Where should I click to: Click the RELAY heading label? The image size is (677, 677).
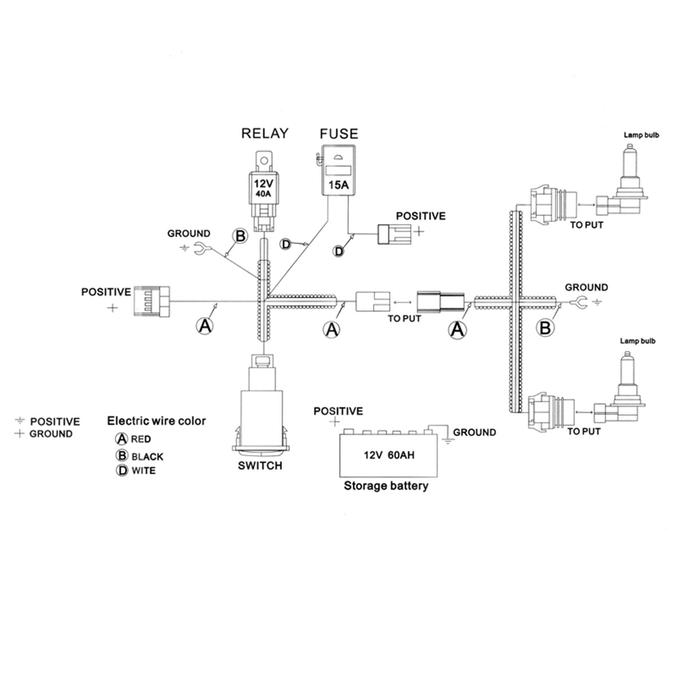(264, 133)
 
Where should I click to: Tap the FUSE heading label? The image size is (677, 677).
(338, 134)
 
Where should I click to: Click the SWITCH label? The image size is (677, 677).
(260, 465)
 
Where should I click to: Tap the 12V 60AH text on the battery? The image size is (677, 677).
(389, 455)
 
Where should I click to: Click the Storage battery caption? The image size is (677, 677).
(386, 486)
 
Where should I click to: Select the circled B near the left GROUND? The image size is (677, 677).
(240, 236)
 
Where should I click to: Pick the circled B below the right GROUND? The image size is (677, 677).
(545, 328)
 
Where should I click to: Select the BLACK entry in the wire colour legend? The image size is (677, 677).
(147, 457)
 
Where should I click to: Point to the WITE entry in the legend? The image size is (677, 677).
(143, 471)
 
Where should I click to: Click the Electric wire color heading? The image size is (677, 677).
(156, 421)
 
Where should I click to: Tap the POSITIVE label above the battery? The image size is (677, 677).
(338, 411)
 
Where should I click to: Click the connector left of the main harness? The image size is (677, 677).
(152, 301)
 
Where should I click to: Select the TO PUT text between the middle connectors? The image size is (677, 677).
(404, 319)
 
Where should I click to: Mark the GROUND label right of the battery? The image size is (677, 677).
(474, 432)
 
